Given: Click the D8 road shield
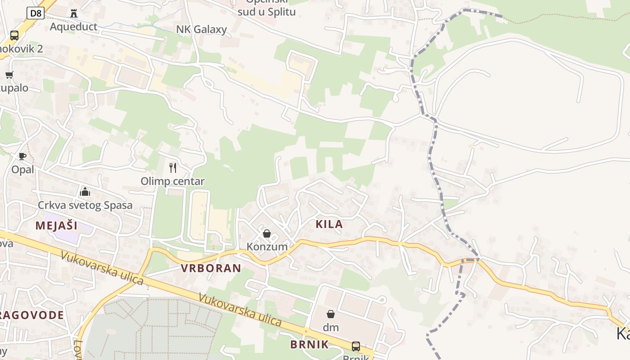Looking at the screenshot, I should click(36, 13).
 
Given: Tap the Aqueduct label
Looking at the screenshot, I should click(73, 27).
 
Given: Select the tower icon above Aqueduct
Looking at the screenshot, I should click(74, 13).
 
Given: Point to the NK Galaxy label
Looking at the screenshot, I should click(201, 30).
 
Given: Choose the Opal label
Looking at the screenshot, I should click(22, 170).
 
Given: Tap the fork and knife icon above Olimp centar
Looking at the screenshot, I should click(173, 168).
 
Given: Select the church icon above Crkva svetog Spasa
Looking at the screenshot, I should click(85, 192).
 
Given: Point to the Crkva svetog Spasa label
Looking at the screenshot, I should click(85, 206).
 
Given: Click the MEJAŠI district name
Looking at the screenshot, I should click(57, 225).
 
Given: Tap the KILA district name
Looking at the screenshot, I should click(329, 224).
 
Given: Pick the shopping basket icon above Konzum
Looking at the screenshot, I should click(267, 234).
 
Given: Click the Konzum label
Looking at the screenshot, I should click(267, 247).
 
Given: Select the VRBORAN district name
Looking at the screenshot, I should click(211, 269).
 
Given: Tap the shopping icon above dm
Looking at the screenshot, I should click(331, 314).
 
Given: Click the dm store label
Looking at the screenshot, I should click(331, 328).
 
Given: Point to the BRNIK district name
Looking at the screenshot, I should click(309, 345).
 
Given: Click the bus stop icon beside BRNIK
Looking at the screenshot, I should click(355, 346).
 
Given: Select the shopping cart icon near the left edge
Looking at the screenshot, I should click(9, 75).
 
